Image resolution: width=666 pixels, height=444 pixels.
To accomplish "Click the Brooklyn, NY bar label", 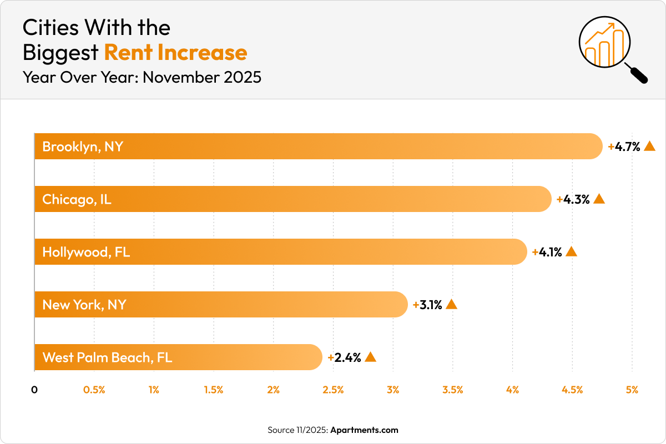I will pyautogui.click(x=83, y=147).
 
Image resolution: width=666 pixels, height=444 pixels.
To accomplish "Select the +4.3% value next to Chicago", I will pyautogui.click(x=573, y=199).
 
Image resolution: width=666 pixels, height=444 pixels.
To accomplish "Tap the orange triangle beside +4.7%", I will pyautogui.click(x=650, y=147).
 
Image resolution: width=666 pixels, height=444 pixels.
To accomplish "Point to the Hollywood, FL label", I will pyautogui.click(x=86, y=252).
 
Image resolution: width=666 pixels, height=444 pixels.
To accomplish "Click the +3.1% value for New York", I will pyautogui.click(x=427, y=305).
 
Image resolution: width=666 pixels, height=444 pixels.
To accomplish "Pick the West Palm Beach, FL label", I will pyautogui.click(x=107, y=357).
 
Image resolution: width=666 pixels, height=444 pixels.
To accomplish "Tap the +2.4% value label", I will pyautogui.click(x=345, y=357).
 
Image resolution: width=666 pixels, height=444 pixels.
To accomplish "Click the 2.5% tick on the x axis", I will pyautogui.click(x=333, y=390).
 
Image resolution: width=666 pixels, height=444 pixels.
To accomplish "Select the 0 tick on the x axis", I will pyautogui.click(x=34, y=390).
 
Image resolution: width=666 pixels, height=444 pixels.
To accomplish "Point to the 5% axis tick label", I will pyautogui.click(x=632, y=390).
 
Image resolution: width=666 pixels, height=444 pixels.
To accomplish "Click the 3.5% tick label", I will pyautogui.click(x=453, y=390).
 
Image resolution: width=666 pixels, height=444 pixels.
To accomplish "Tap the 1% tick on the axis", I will pyautogui.click(x=154, y=390).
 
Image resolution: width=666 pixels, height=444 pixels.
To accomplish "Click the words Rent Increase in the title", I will pyautogui.click(x=175, y=52).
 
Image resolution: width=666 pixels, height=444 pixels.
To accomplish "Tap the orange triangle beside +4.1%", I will pyautogui.click(x=571, y=252).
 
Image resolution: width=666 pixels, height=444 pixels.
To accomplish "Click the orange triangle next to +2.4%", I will pyautogui.click(x=370, y=357).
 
